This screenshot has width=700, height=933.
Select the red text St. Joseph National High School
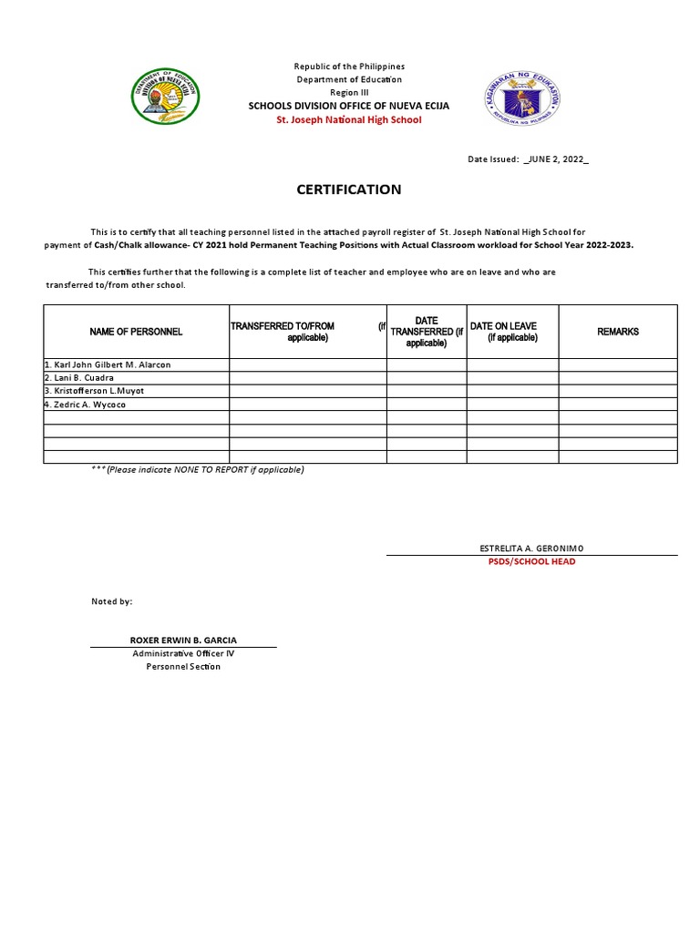349,120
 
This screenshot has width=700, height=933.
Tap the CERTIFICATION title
348,190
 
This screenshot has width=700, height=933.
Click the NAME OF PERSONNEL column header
136,332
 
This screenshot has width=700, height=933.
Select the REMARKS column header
618,332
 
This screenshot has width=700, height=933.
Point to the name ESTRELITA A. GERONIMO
531,549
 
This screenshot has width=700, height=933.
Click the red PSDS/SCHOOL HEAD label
531,562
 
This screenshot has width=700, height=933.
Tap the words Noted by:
112,602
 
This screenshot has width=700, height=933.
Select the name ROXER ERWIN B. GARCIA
183,641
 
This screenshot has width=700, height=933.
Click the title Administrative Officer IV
183,654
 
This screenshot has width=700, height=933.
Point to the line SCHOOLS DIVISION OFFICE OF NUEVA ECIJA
349,107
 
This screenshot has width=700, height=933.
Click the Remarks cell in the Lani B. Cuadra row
618,378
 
